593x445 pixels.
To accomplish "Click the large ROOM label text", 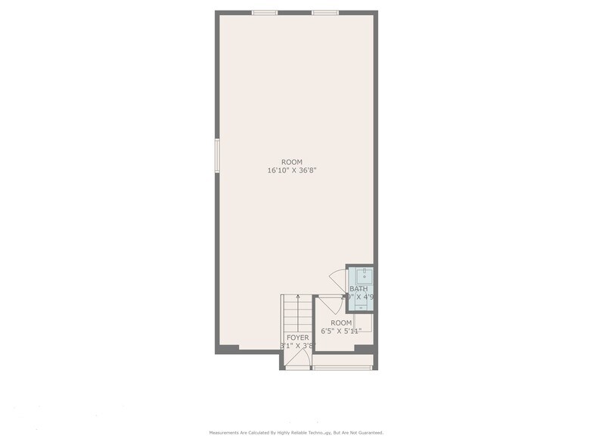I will pyautogui.click(x=291, y=162).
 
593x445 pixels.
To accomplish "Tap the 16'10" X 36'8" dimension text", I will pyautogui.click(x=291, y=171).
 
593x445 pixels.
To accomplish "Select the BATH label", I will pyautogui.click(x=359, y=289).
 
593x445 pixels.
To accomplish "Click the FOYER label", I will pyautogui.click(x=297, y=337).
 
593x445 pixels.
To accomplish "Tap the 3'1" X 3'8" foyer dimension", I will pyautogui.click(x=297, y=346).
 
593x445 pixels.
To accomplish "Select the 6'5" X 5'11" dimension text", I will pyautogui.click(x=341, y=331).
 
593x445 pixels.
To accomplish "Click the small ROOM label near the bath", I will pyautogui.click(x=341, y=322).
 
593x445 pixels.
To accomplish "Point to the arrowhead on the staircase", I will pyautogui.click(x=298, y=297).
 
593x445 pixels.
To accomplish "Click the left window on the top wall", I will pyautogui.click(x=265, y=12).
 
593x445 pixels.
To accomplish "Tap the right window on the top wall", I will pyautogui.click(x=325, y=12).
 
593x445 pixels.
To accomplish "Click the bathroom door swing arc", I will pyautogui.click(x=337, y=277).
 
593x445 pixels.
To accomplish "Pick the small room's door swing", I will pyautogui.click(x=331, y=305).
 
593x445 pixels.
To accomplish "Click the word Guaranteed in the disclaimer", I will pyautogui.click(x=368, y=433).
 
